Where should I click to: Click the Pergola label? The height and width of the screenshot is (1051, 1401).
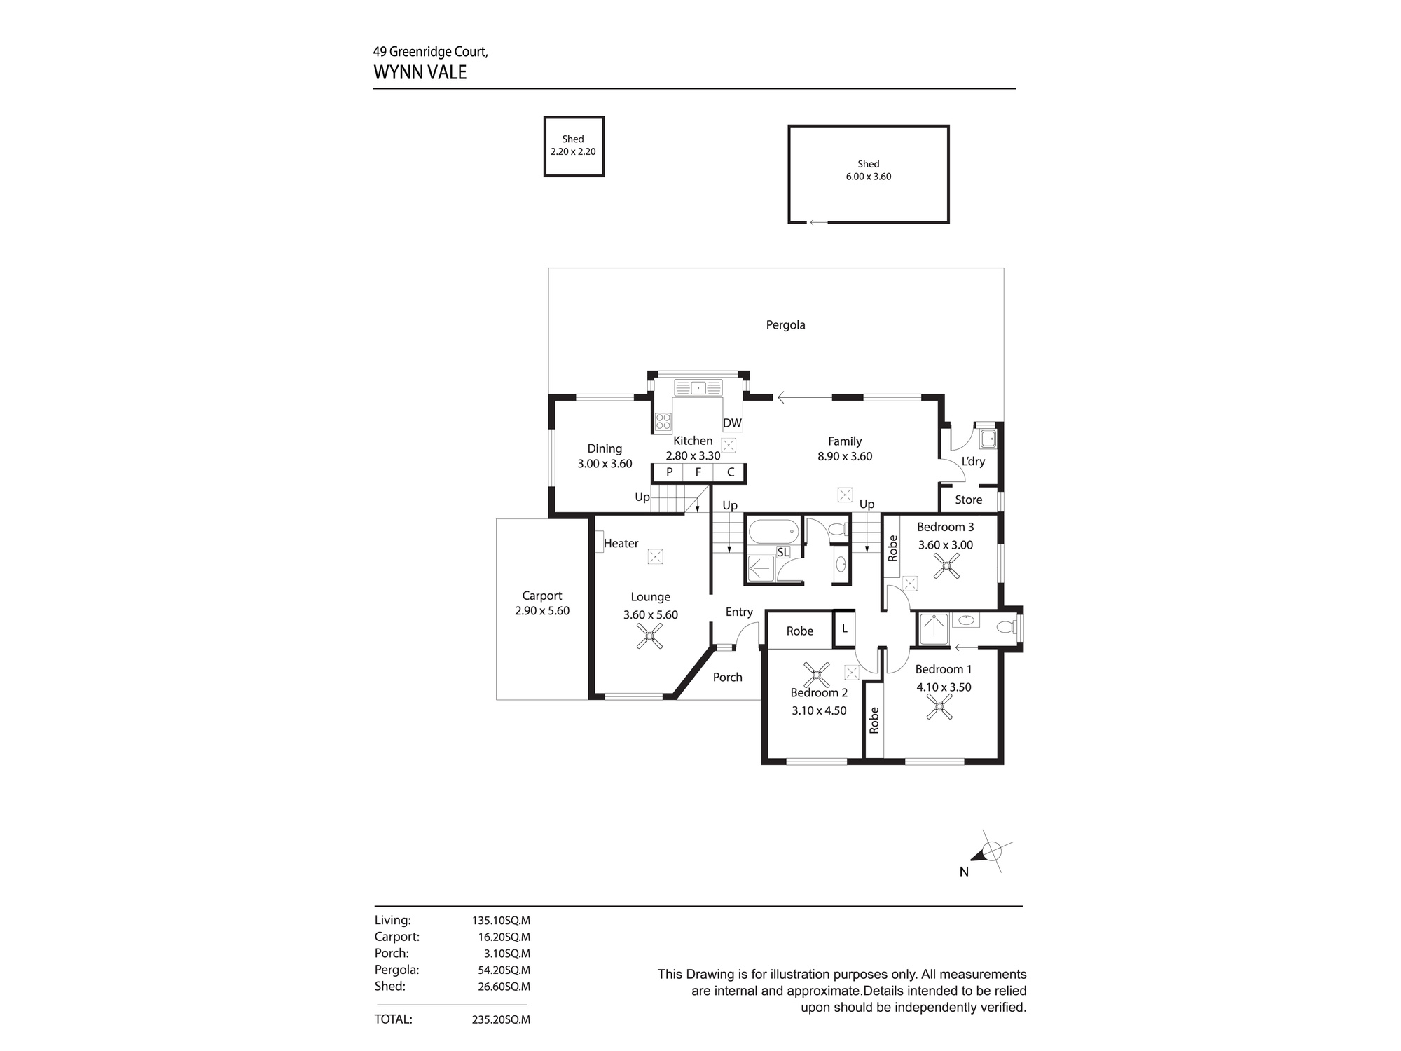tap(785, 325)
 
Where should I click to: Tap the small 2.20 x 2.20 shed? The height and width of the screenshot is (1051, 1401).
tap(574, 146)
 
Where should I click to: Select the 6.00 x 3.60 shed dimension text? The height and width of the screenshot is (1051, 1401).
tap(868, 177)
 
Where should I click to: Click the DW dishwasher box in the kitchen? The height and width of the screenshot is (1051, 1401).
tap(732, 423)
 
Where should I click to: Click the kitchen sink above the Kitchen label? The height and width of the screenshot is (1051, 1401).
tap(698, 387)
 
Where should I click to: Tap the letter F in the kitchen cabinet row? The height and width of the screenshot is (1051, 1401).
tap(698, 472)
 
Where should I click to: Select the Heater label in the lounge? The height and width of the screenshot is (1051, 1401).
tap(621, 543)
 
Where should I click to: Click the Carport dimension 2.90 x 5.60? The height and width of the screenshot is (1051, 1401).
tap(542, 611)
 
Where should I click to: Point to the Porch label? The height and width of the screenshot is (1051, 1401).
tap(727, 677)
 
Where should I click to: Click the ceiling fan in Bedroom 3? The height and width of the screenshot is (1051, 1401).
tap(946, 565)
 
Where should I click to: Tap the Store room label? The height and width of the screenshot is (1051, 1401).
tap(968, 500)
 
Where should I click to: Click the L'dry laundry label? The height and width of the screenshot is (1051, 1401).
tap(973, 461)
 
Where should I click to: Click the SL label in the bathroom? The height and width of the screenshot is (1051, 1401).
tap(782, 552)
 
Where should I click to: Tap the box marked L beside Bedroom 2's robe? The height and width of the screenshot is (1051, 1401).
tap(844, 629)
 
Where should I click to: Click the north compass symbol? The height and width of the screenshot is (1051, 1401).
tap(990, 853)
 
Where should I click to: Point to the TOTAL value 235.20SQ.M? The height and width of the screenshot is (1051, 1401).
tap(501, 1019)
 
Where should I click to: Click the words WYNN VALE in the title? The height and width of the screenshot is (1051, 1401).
tap(420, 72)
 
